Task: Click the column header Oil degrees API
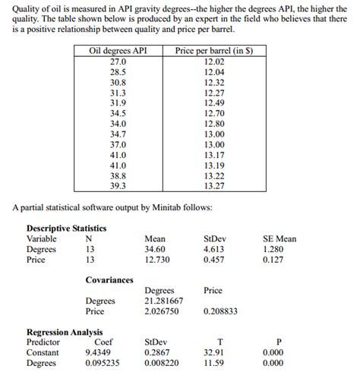118,52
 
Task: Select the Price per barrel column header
213,52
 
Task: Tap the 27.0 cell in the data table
118,61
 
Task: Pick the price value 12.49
214,102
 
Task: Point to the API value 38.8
118,175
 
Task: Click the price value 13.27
214,184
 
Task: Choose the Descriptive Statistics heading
67,229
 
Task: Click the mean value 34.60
155,249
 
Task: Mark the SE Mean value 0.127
273,260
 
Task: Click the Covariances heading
109,280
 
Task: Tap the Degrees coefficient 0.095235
103,363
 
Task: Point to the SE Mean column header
279,238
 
